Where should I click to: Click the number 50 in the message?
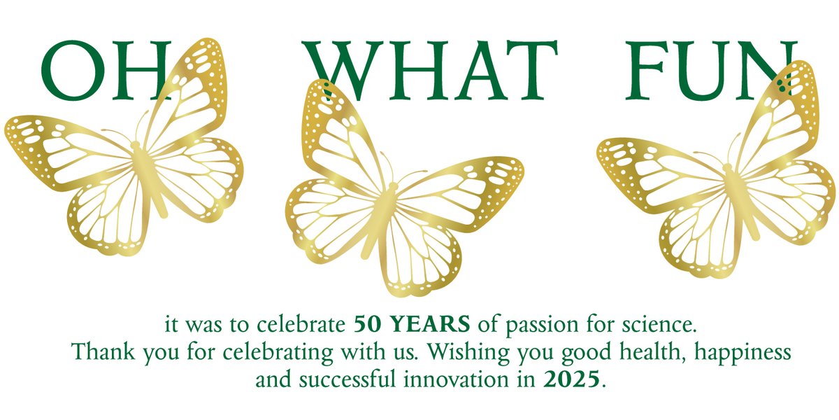368,325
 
